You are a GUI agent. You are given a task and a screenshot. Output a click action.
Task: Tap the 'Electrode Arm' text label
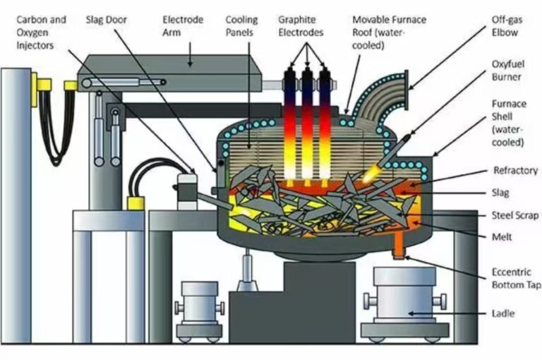pyautogui.click(x=182, y=26)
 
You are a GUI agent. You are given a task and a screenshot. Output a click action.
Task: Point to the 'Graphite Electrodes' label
pyautogui.click(x=301, y=26)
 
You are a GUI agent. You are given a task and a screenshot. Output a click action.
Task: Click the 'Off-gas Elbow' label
pyautogui.click(x=507, y=26)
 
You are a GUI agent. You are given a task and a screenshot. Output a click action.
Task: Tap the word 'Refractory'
pyautogui.click(x=514, y=170)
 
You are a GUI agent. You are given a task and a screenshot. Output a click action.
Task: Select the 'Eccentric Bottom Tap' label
pyautogui.click(x=516, y=279)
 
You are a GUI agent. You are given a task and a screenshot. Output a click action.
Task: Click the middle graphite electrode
pyautogui.click(x=308, y=120)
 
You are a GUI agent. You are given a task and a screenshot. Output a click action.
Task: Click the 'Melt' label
pyautogui.click(x=503, y=236)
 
